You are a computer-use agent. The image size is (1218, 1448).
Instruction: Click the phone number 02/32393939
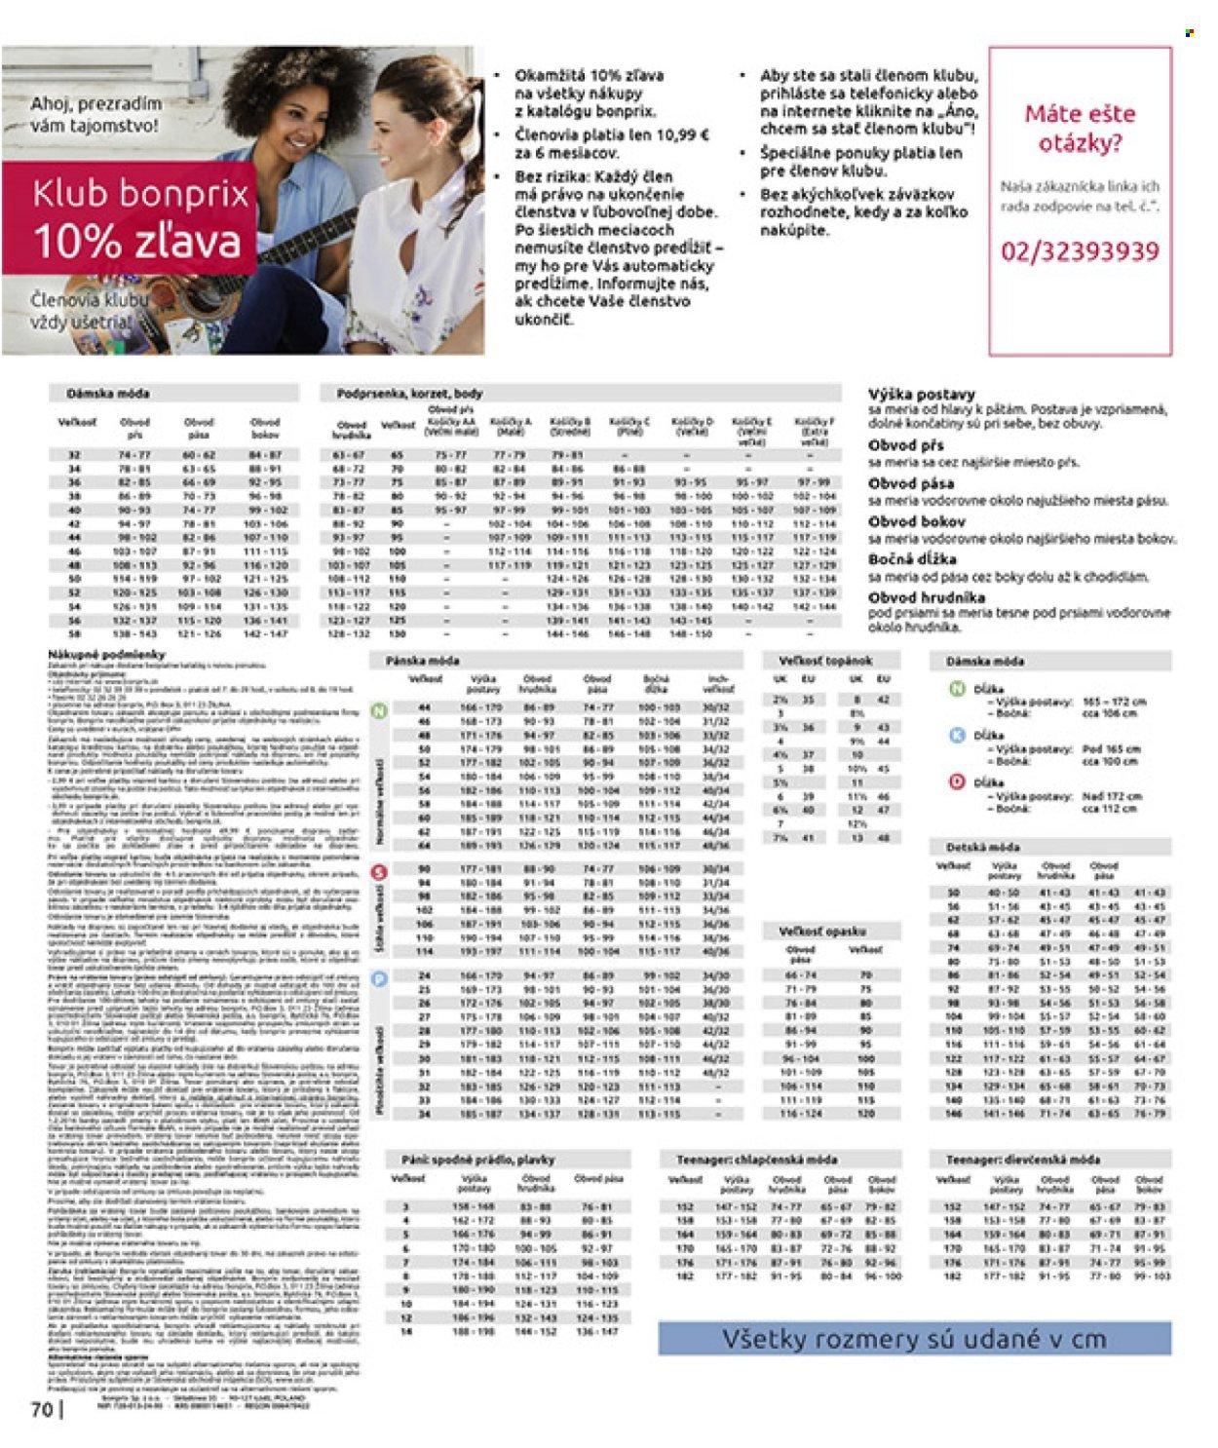[x=1080, y=251]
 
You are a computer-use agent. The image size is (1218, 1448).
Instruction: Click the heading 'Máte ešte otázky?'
[x=1080, y=129]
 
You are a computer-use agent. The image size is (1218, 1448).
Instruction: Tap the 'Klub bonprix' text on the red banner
[x=140, y=194]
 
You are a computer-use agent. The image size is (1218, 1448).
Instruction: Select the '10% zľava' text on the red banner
[x=136, y=241]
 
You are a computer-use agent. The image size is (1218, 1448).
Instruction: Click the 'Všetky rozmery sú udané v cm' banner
[x=914, y=1339]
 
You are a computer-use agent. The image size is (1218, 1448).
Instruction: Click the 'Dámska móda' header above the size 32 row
[x=108, y=394]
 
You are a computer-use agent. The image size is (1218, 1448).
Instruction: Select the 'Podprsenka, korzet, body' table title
[x=409, y=394]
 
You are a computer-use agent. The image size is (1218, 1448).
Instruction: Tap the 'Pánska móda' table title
[x=422, y=661]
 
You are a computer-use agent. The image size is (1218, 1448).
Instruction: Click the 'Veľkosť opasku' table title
[x=822, y=931]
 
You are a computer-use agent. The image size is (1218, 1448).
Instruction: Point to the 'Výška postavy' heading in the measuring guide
[x=921, y=395]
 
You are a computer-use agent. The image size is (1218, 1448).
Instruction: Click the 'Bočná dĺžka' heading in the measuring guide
[x=911, y=559]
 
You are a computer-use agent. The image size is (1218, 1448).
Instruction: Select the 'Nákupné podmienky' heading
[x=106, y=655]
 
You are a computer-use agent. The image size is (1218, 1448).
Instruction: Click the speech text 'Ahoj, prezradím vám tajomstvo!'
[x=95, y=114]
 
